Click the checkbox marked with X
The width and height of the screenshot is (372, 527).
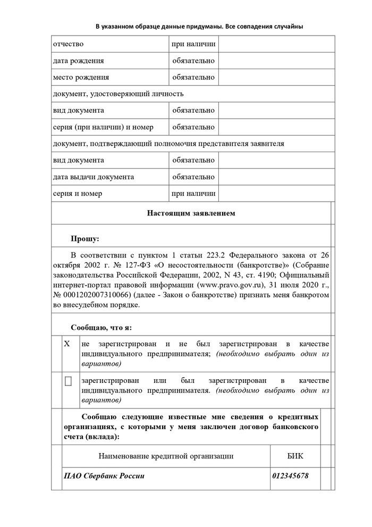coord(67,344)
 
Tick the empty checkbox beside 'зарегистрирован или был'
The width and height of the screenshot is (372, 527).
coord(68,381)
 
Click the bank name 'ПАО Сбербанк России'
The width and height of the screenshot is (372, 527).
coord(104,475)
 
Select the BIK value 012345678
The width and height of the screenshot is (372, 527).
coord(290,475)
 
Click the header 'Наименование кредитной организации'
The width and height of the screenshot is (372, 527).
coord(166,456)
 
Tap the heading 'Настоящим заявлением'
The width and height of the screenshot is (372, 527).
coord(191,213)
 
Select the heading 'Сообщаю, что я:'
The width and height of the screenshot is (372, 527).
coord(101,327)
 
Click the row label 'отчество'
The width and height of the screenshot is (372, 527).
coord(68,44)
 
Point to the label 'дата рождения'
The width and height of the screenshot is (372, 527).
coord(78,61)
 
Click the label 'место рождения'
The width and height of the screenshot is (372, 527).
coord(81,77)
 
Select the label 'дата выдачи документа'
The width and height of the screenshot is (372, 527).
coord(94,177)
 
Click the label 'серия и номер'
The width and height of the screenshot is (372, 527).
coord(78,194)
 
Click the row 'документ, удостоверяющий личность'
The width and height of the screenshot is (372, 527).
coord(118,94)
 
